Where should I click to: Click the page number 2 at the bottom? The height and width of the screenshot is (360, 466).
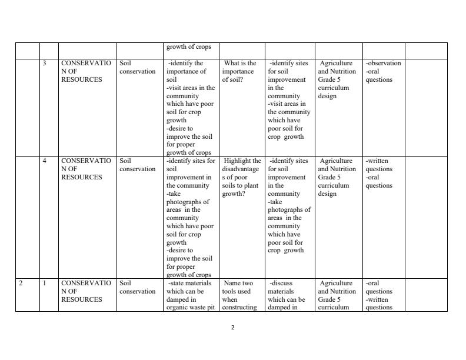coord(232,328)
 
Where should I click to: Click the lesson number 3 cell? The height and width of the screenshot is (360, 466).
coord(45,63)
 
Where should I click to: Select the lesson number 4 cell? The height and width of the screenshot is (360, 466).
coord(45,161)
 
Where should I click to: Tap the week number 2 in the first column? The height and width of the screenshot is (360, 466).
coord(21,283)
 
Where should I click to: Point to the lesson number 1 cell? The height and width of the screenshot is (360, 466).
coord(45,283)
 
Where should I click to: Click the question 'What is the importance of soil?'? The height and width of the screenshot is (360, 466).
coord(240,71)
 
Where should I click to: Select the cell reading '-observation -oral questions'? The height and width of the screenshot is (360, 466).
coord(383,71)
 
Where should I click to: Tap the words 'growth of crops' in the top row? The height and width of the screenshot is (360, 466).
coord(188,47)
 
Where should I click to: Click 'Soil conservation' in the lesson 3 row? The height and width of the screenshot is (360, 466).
coord(137,67)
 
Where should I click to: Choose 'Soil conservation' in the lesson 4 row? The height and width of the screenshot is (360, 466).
coord(137,165)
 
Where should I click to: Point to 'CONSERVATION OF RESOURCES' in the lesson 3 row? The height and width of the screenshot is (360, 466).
coord(86,71)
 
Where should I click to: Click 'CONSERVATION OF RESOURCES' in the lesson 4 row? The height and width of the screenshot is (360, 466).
coord(86,169)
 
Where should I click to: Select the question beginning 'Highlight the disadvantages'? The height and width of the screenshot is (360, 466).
coord(241,177)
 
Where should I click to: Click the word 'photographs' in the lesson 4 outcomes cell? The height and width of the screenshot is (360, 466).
coord(185,202)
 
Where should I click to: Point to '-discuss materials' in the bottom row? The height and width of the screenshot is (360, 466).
coord(285,287)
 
